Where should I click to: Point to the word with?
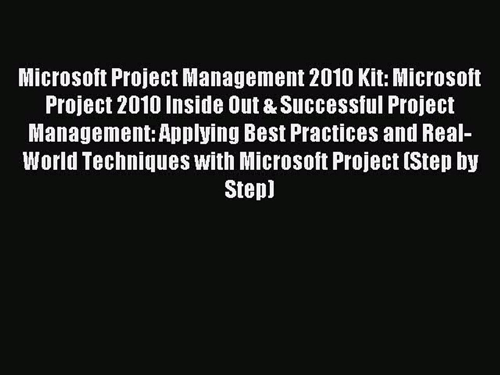tap(215, 162)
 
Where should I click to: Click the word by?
tap(468, 162)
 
